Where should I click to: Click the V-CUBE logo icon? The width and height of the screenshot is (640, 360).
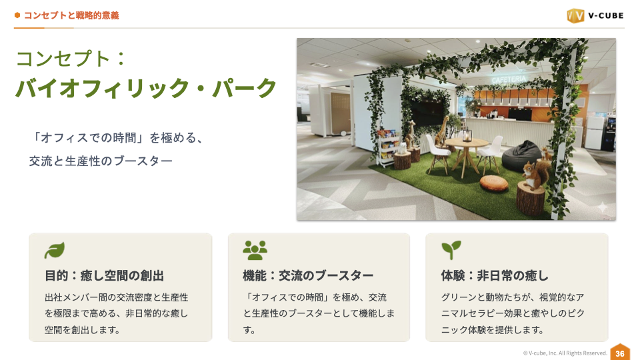pos(575,15)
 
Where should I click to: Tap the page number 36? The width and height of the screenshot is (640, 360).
pos(620,353)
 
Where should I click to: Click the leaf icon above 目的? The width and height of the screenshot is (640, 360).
pos(55,250)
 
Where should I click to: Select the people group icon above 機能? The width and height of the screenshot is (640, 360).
pos(255,250)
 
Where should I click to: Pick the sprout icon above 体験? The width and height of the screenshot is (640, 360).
pos(451,250)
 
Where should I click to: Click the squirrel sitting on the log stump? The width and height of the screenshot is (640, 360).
pos(533,175)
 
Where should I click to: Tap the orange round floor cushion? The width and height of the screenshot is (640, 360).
pos(493,183)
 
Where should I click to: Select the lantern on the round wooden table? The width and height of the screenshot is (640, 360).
pos(468,136)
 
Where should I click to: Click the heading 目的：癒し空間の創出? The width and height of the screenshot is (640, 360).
pos(104,275)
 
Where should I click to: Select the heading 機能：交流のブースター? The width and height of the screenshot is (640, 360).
pos(308,275)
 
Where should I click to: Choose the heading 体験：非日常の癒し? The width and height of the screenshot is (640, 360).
pos(495,275)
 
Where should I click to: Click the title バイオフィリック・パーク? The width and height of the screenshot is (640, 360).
pos(146,88)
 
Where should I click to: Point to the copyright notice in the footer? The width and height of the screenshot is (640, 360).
pos(565,353)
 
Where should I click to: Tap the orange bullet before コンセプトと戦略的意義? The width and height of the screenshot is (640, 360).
pos(17,15)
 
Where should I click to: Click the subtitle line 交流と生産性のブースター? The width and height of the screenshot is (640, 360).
pos(101,161)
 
